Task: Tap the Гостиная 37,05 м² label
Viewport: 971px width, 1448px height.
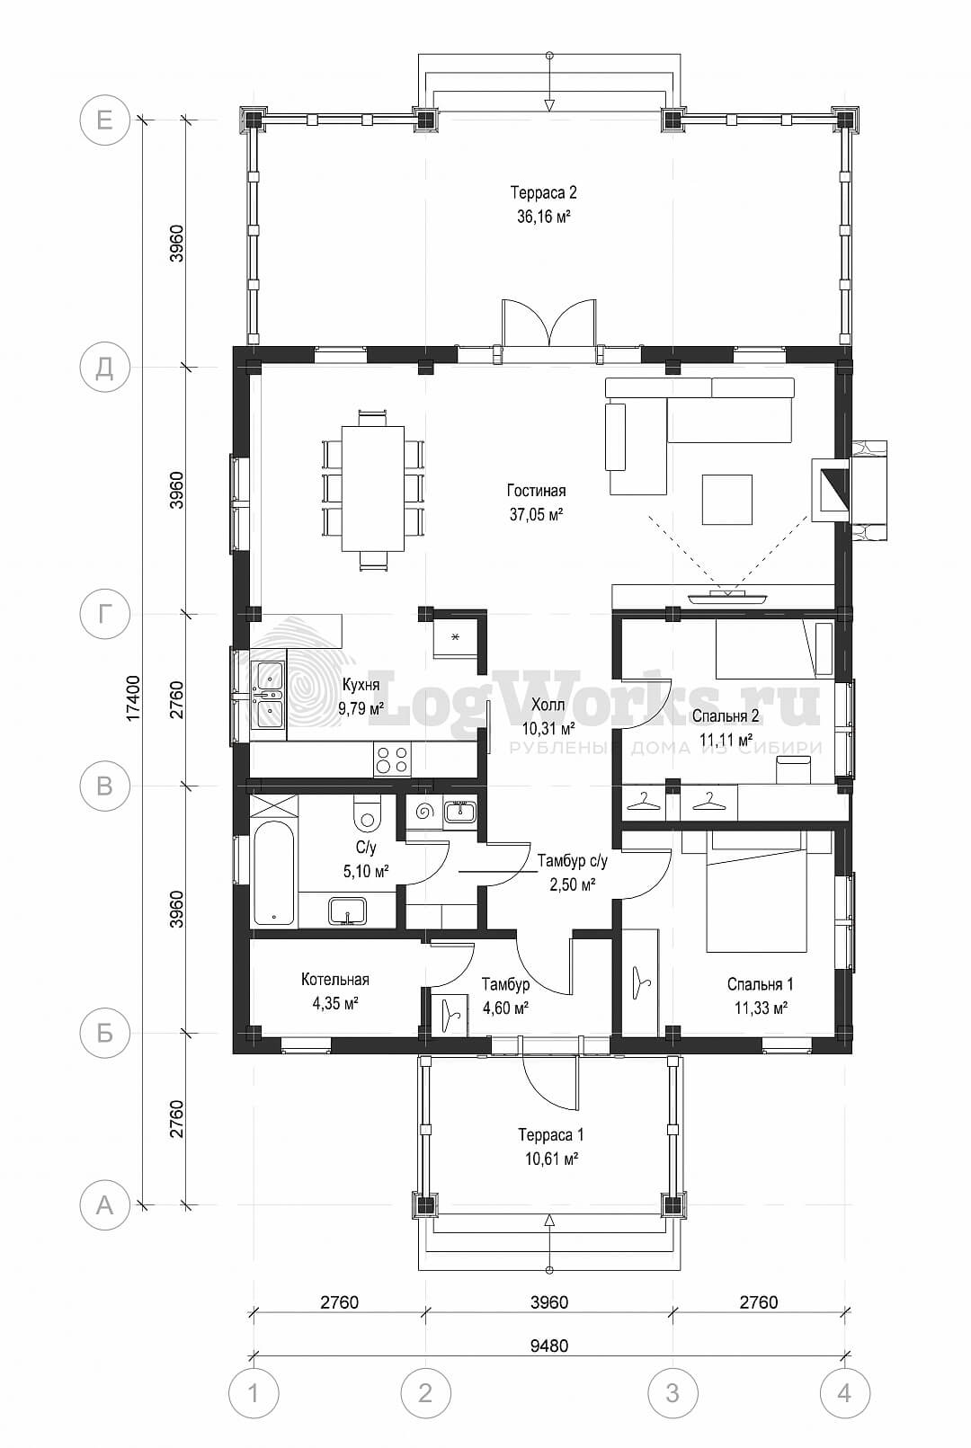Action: coord(536,502)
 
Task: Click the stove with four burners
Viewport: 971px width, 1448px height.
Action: coord(392,759)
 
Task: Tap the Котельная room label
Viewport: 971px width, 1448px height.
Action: coord(334,980)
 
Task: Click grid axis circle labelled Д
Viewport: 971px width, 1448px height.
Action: coord(104,368)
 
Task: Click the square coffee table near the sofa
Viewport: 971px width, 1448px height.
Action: coord(727,499)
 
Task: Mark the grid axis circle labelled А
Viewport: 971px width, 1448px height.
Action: coord(104,1205)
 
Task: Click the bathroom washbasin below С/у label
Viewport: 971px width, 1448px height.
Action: coord(347,911)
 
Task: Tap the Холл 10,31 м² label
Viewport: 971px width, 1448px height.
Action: coord(548,716)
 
